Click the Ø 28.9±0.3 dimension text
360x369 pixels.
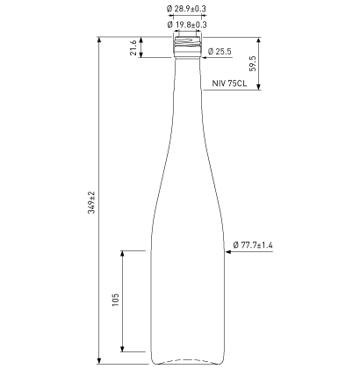coord(185,8)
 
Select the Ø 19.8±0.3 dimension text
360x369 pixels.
coord(185,24)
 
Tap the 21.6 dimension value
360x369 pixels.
coord(133,47)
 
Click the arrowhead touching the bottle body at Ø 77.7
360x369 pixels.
coord(229,251)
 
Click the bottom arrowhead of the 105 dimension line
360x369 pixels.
coord(124,350)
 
